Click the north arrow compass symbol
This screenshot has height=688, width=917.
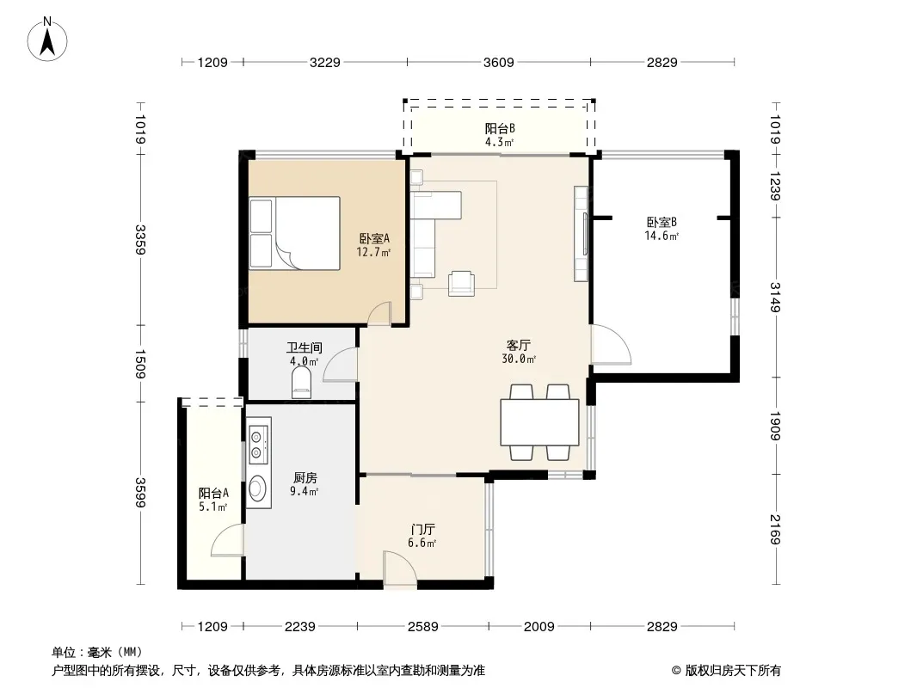[x=47, y=40]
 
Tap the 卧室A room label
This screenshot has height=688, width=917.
[x=373, y=238]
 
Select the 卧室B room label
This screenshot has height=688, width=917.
[x=662, y=222]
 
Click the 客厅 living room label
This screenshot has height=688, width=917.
[x=518, y=345]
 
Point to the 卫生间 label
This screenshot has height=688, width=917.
[x=305, y=347]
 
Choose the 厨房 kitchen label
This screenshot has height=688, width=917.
[x=305, y=477]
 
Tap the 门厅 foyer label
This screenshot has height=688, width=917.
[x=422, y=530]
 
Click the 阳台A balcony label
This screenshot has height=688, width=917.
[x=213, y=494]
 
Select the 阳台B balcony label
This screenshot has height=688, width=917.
[x=500, y=129]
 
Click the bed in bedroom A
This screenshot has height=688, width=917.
[x=295, y=233]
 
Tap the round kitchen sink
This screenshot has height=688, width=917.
[x=258, y=488]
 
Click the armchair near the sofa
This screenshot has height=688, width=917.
[x=461, y=284]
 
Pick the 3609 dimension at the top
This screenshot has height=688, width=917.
[x=498, y=62]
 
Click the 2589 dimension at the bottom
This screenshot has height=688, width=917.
[x=423, y=627]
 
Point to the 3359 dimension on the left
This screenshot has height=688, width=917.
[x=139, y=240]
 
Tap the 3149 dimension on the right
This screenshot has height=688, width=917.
[x=775, y=298]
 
